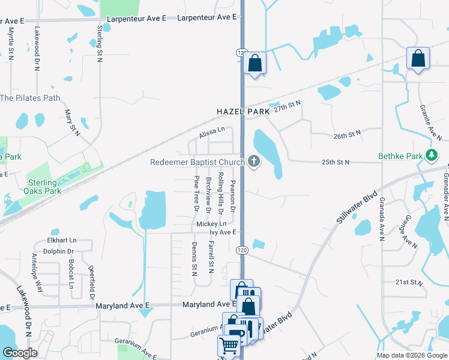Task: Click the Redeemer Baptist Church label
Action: (197, 162)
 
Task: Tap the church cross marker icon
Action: (254, 161)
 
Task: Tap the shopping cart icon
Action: (229, 346)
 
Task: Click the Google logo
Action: (20, 353)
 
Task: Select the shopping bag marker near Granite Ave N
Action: (418, 59)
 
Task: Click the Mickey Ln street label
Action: (211, 224)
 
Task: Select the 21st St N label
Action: (410, 282)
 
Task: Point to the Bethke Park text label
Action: (400, 157)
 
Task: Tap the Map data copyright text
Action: (411, 355)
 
